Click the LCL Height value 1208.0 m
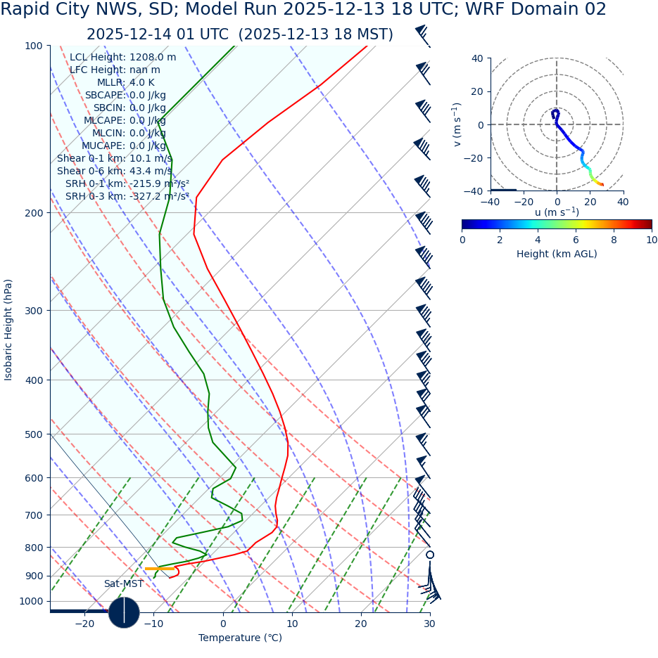point(153,58)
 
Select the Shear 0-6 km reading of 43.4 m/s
point(151,172)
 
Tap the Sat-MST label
point(123,584)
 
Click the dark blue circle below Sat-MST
point(124,612)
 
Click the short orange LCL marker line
point(159,568)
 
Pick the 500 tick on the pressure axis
point(33,434)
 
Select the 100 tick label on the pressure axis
point(33,46)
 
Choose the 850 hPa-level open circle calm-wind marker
point(430,555)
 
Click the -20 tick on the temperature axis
point(84,624)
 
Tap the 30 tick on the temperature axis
point(429,624)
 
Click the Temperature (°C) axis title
point(240,638)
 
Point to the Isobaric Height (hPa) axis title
point(8,330)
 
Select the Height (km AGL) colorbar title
point(557,254)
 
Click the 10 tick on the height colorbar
point(652,240)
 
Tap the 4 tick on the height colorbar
point(538,240)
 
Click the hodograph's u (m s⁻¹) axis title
point(557,212)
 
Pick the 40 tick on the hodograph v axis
point(477,58)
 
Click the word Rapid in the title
point(25,10)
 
